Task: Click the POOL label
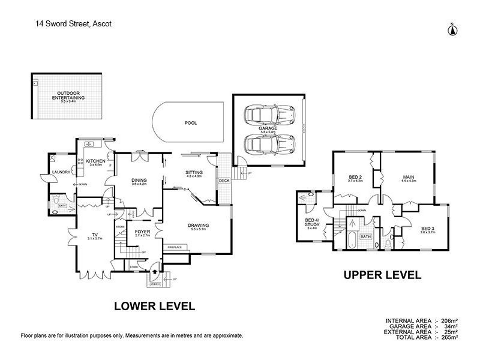pyautogui.click(x=191, y=122)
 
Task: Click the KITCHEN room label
pyautogui.click(x=96, y=161)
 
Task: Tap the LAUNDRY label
pyautogui.click(x=61, y=173)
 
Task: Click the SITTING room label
pyautogui.click(x=194, y=173)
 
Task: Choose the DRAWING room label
pyautogui.click(x=197, y=225)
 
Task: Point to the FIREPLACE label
pyautogui.click(x=178, y=247)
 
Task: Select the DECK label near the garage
pyautogui.click(x=224, y=180)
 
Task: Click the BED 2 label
pyautogui.click(x=355, y=177)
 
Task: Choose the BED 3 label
pyautogui.click(x=427, y=229)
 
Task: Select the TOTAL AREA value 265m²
pyautogui.click(x=450, y=337)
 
